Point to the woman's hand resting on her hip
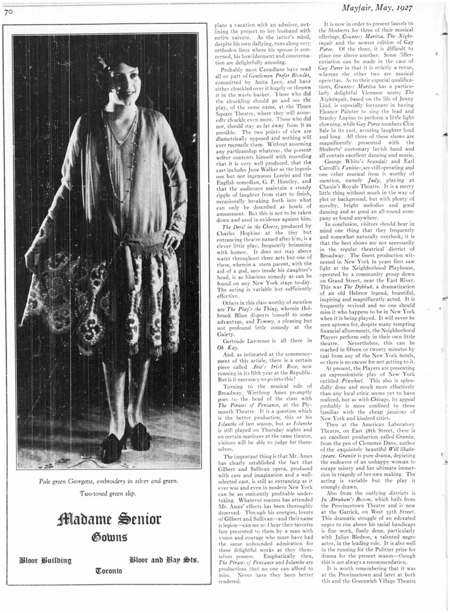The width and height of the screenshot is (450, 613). (x=172, y=237)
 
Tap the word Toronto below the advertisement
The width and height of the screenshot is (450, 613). (x=109, y=570)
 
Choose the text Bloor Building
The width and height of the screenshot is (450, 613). (x=46, y=560)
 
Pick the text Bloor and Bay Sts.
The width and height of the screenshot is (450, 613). (x=164, y=560)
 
